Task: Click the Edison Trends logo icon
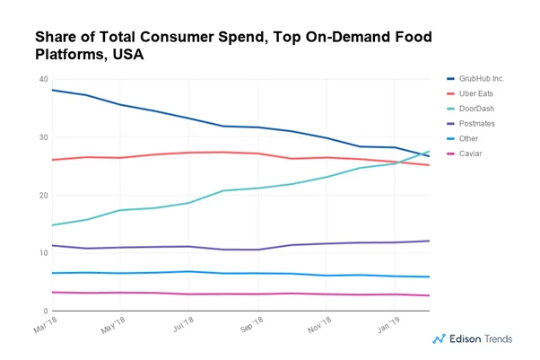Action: (440, 339)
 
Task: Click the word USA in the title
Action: (126, 55)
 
